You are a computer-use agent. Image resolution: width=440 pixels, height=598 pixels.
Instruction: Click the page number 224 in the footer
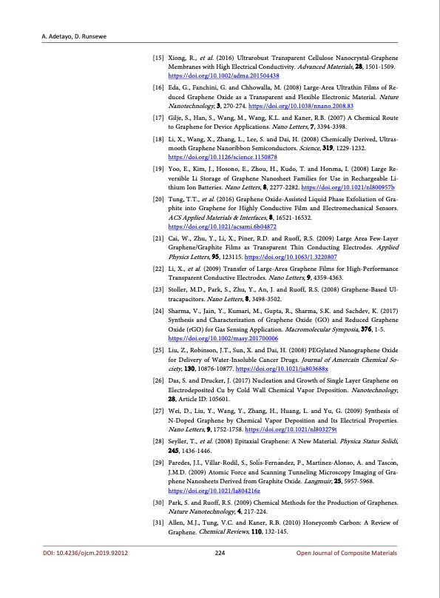[220, 571]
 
